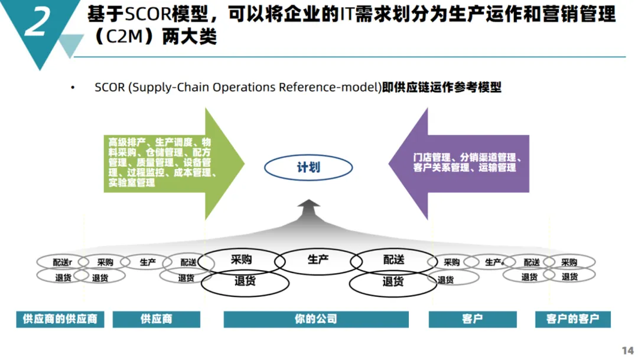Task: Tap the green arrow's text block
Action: (x=160, y=163)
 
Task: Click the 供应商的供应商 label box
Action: (x=60, y=319)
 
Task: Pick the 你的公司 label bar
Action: (x=316, y=319)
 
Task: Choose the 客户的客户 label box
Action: (x=573, y=319)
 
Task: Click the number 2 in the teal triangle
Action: (x=37, y=22)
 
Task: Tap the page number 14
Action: (x=628, y=350)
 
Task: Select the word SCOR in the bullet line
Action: (x=110, y=87)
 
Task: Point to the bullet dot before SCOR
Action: (x=73, y=87)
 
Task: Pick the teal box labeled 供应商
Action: (x=156, y=319)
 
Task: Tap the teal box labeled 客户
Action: (x=473, y=319)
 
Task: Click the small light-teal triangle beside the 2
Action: (x=71, y=43)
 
